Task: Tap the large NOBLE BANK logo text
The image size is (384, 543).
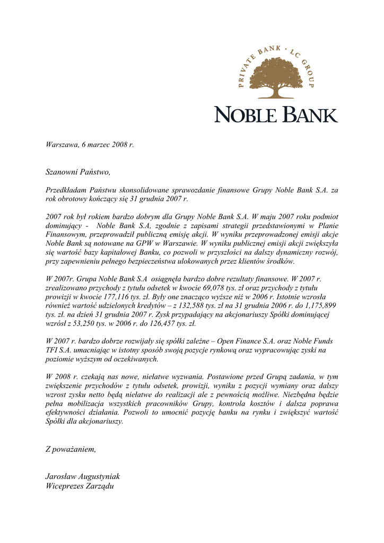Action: pyautogui.click(x=276, y=114)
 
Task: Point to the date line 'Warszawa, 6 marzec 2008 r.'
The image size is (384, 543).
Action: pyautogui.click(x=90, y=145)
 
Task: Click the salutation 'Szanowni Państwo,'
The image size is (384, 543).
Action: pyautogui.click(x=78, y=172)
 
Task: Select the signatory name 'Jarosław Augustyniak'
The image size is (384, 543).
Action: pyautogui.click(x=83, y=476)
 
